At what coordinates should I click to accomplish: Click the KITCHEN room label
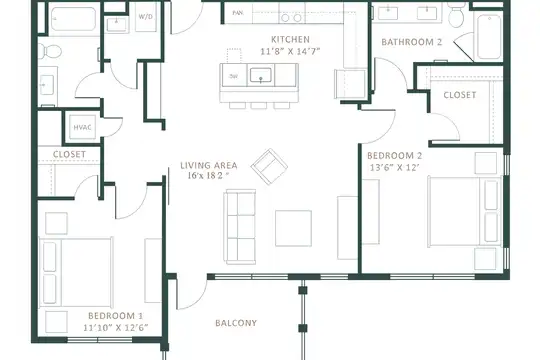click(x=290, y=39)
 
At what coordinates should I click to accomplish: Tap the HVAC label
click(x=83, y=127)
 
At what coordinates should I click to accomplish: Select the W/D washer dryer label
click(x=146, y=17)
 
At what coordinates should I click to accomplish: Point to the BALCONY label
click(x=236, y=323)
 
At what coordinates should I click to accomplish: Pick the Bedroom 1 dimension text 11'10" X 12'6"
click(x=116, y=327)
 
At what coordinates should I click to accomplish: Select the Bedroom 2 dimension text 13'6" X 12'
click(x=395, y=168)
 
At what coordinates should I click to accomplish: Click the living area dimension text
click(x=208, y=176)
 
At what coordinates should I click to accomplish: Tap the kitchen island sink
click(x=261, y=75)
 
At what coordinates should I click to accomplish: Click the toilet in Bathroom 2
click(x=456, y=14)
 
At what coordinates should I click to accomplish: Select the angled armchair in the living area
click(x=269, y=166)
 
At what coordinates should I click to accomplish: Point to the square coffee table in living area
click(x=293, y=228)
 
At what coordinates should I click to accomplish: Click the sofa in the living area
click(x=240, y=227)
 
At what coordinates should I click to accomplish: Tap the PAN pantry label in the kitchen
click(x=238, y=13)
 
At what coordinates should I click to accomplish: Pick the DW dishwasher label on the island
click(x=233, y=76)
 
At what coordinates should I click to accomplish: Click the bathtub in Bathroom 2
click(x=489, y=37)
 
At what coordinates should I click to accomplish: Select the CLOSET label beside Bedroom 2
click(x=460, y=95)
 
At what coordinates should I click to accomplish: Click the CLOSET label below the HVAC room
click(x=69, y=154)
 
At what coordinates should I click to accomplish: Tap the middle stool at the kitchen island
click(x=259, y=105)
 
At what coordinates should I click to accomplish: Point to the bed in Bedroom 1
click(x=76, y=272)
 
